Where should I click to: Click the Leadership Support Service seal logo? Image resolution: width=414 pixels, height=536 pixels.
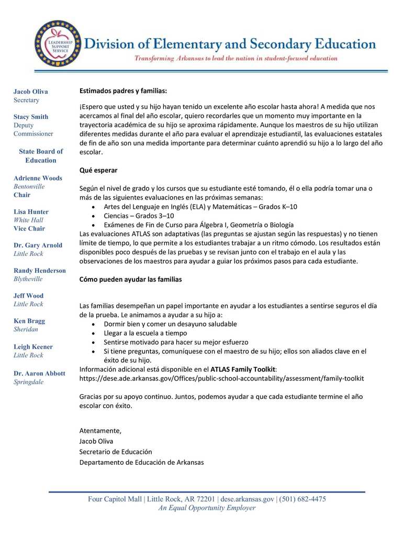[x=57, y=43]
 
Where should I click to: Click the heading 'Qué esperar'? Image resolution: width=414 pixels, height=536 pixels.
[x=98, y=170]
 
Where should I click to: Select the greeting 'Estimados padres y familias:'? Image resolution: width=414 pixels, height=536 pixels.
[x=123, y=91]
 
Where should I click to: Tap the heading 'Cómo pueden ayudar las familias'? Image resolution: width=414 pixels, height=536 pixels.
[x=130, y=280]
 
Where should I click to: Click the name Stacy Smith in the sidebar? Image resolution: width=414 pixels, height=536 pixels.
[x=31, y=117]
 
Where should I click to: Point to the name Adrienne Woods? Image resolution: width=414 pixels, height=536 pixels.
[x=38, y=178]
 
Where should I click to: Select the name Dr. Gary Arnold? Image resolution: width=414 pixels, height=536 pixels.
[x=38, y=245]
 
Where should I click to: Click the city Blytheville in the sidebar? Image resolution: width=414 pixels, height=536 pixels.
[x=28, y=279]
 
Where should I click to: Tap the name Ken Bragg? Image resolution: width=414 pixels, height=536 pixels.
[x=29, y=321]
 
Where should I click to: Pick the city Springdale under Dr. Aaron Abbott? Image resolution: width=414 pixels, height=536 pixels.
[x=28, y=382]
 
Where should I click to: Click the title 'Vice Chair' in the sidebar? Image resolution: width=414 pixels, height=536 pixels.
[x=29, y=228]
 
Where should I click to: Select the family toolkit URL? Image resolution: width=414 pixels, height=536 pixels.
[x=221, y=378]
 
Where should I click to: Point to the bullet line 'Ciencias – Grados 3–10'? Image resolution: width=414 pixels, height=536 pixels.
[x=139, y=216]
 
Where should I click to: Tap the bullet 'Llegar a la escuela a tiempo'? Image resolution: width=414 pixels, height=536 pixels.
[x=145, y=333]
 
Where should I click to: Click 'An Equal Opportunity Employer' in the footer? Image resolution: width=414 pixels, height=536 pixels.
[x=207, y=508]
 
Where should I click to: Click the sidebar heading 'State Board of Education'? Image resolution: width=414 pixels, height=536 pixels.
[x=41, y=156]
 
